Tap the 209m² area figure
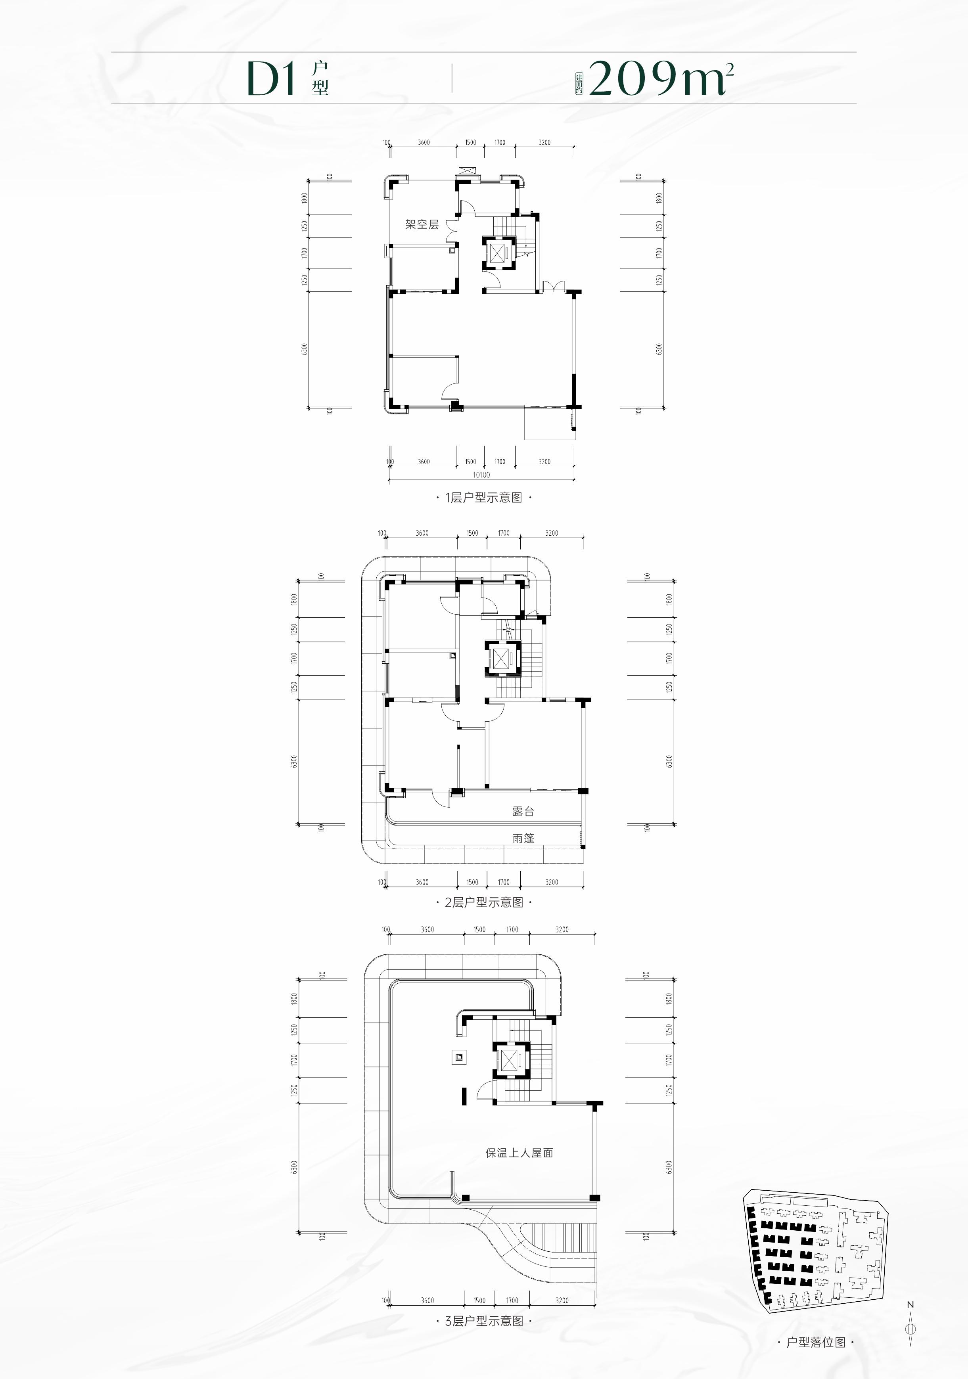pos(661,79)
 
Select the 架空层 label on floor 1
pos(422,225)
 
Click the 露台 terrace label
pos(523,812)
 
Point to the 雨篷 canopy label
pos(523,839)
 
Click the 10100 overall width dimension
pos(481,475)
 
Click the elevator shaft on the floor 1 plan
pos(499,252)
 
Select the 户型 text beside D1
pos(320,79)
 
